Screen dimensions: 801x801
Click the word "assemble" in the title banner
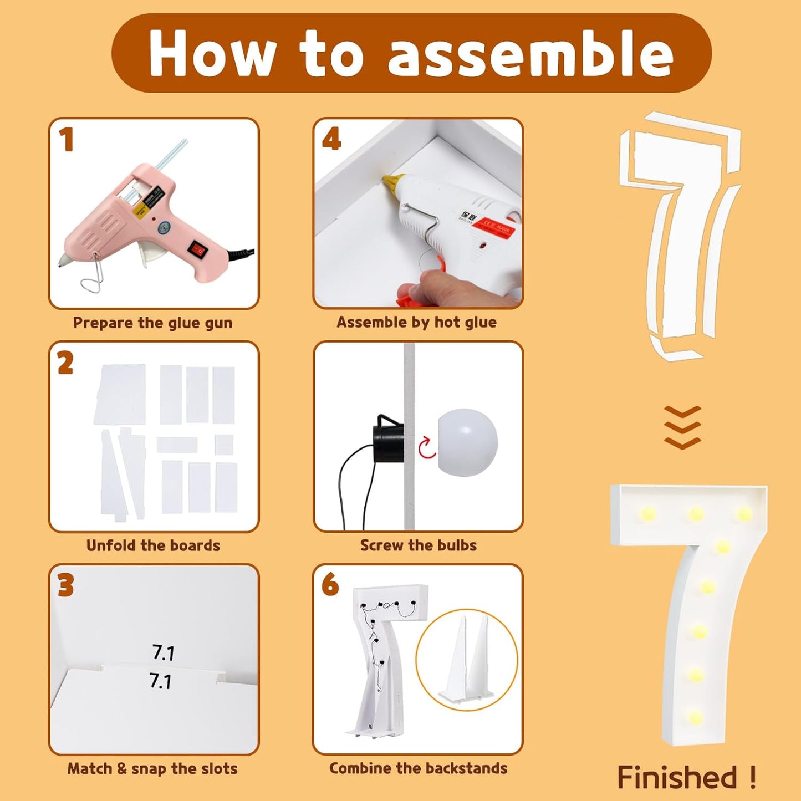pos(530,54)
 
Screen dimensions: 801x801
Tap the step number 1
pos(66,139)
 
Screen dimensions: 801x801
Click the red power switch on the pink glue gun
pos(197,249)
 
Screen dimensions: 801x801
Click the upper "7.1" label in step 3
pos(163,653)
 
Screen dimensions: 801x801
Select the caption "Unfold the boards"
pos(153,545)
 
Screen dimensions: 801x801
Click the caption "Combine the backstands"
pos(418,768)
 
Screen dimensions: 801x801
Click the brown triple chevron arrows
pos(682,427)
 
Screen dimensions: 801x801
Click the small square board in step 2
pos(224,445)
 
